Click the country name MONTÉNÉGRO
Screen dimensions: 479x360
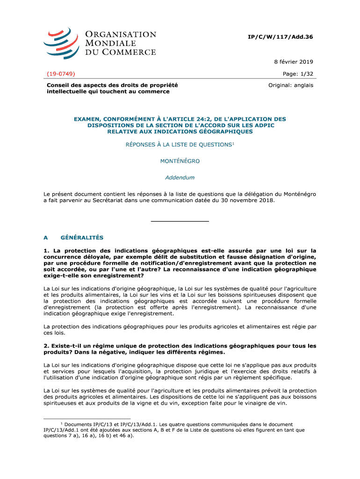click(x=180, y=161)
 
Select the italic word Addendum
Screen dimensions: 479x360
click(x=180, y=178)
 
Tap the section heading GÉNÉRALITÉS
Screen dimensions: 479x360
click(x=82, y=238)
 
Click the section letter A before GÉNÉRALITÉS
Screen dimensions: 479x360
click(x=46, y=238)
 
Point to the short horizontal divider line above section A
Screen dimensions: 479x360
click(x=180, y=221)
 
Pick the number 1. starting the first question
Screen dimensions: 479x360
click(x=46, y=250)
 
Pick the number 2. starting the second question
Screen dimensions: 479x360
click(x=46, y=346)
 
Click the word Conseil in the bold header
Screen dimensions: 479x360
click(x=58, y=86)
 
